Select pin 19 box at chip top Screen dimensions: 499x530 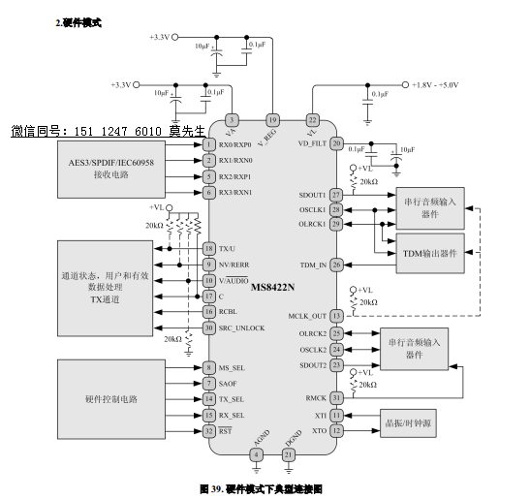pyautogui.click(x=272, y=119)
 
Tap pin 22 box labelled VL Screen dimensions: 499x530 pyautogui.click(x=312, y=119)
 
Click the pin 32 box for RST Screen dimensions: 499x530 pyautogui.click(x=208, y=431)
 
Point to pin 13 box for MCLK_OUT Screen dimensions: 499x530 pyautogui.click(x=336, y=316)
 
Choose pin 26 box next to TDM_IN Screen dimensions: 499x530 pyautogui.click(x=336, y=264)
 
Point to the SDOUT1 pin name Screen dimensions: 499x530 pyautogui.click(x=312, y=195)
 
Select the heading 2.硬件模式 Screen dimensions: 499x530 pyautogui.click(x=78, y=21)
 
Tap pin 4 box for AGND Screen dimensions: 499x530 pyautogui.click(x=256, y=453)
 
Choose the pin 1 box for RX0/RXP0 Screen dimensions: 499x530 pyautogui.click(x=208, y=143)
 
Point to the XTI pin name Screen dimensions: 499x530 pyautogui.click(x=320, y=414)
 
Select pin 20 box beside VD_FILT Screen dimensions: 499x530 pyautogui.click(x=336, y=143)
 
